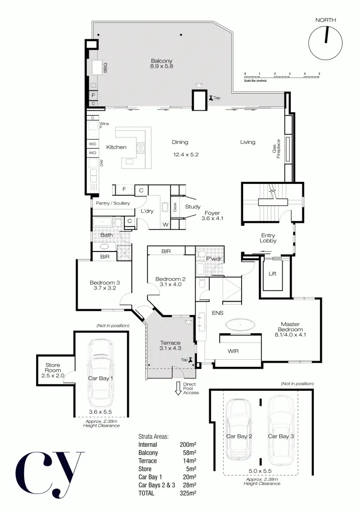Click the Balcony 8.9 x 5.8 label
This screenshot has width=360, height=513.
[x=161, y=64]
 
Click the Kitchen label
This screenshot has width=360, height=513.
[x=116, y=147]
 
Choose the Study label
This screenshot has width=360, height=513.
[x=193, y=207]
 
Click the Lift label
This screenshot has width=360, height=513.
[x=272, y=274]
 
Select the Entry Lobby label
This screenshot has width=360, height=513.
[x=268, y=238]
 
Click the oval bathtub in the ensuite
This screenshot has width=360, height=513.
[x=240, y=326]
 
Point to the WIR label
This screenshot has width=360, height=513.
[x=233, y=351]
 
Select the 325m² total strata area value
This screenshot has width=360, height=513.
[x=188, y=493]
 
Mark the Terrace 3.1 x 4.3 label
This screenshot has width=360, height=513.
[x=170, y=346]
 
